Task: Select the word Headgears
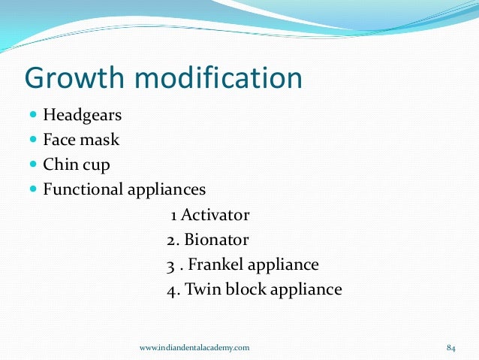pyautogui.click(x=83, y=116)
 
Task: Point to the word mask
pyautogui.click(x=101, y=140)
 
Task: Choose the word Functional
pyautogui.click(x=81, y=188)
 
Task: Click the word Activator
pyautogui.click(x=215, y=216)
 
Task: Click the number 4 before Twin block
pyautogui.click(x=171, y=289)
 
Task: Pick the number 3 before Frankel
pyautogui.click(x=170, y=265)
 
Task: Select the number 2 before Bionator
pyautogui.click(x=171, y=241)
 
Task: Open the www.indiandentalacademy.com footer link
pyautogui.click(x=195, y=347)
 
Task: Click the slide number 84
pyautogui.click(x=451, y=347)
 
